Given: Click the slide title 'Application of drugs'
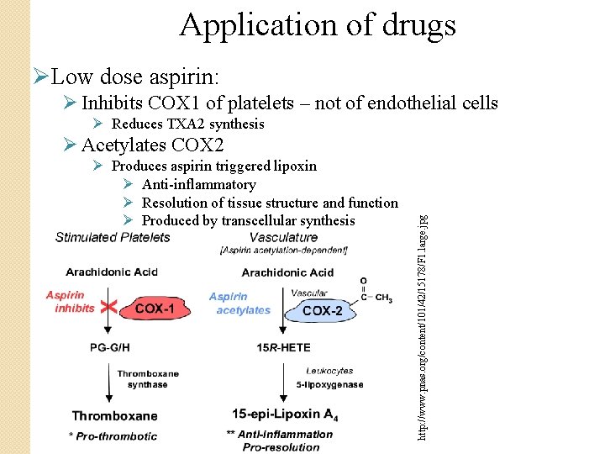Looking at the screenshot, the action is (x=317, y=25).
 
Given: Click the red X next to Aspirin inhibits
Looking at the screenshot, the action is (x=108, y=307).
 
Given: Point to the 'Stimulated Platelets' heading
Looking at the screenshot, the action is (x=113, y=237).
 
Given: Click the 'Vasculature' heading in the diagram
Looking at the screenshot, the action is (x=283, y=238).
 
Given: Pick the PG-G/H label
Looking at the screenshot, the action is (x=109, y=346).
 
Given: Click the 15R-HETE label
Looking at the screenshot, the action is (x=282, y=346).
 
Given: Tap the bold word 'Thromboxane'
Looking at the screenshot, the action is (x=114, y=415).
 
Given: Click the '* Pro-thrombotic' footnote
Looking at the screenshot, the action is (x=113, y=436).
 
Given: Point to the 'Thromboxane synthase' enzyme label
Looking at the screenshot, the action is (x=142, y=379).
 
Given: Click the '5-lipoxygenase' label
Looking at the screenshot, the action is (x=329, y=385).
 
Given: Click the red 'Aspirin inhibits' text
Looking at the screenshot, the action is (x=71, y=302).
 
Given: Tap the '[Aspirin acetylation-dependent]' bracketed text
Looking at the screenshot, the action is (x=283, y=251).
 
